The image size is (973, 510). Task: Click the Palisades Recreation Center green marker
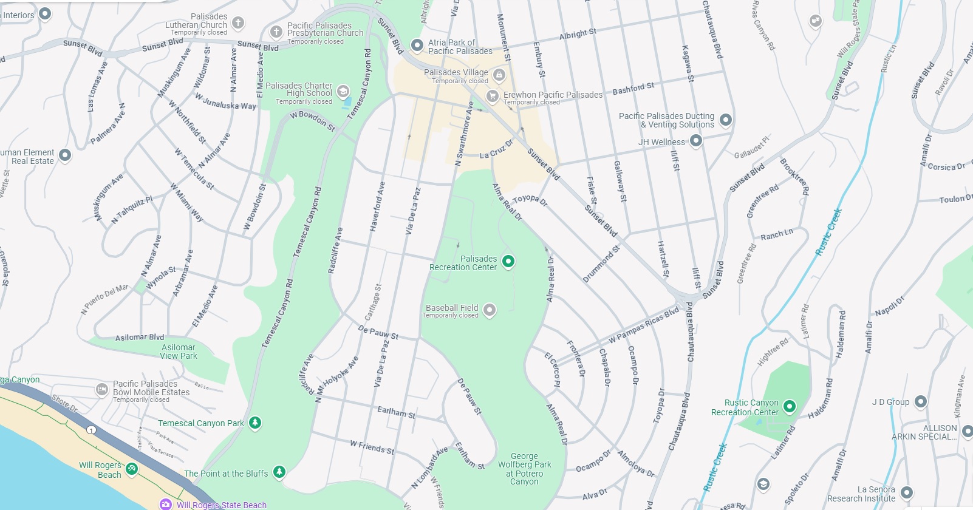(x=508, y=261)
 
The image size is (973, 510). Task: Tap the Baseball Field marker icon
(x=489, y=310)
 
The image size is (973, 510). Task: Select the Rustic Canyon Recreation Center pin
(x=789, y=406)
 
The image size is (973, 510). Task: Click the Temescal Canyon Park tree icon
(x=255, y=423)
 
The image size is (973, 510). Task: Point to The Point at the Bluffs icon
(x=279, y=472)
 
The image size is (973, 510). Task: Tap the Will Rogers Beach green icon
(x=132, y=468)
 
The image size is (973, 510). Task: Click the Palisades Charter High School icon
(x=343, y=91)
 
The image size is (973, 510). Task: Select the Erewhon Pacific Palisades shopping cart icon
(x=493, y=96)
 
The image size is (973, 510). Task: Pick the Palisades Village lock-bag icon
(x=499, y=75)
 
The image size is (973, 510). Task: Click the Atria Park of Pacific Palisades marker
(x=417, y=45)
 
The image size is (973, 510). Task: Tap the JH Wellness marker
(x=696, y=141)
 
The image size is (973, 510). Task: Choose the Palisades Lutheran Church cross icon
(x=238, y=23)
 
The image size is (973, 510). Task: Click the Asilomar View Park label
(x=179, y=352)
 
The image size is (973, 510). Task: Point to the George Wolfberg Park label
(x=524, y=468)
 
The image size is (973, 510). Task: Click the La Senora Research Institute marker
(x=906, y=492)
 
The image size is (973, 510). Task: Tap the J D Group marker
(x=921, y=401)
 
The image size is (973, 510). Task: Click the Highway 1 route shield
(x=91, y=430)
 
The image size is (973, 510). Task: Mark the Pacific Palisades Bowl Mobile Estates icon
(x=102, y=390)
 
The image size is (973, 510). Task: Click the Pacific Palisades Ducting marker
(x=725, y=120)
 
